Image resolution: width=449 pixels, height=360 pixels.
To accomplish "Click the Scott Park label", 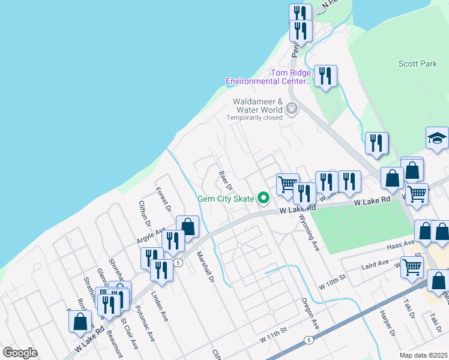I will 418,64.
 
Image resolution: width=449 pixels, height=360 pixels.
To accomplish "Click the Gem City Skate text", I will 226,199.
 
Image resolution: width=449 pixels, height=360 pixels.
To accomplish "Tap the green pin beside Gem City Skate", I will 262,197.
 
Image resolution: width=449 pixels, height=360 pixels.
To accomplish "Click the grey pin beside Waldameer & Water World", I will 292,109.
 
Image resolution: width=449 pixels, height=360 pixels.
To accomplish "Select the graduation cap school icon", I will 438,139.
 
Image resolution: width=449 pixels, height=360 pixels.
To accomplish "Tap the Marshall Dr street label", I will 205,267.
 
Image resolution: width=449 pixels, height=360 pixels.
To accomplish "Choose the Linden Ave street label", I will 160,306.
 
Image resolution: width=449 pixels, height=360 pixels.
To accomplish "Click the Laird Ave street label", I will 375,263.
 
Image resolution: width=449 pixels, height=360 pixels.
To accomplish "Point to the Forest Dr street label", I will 163,200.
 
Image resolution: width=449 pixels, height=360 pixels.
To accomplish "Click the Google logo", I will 20,353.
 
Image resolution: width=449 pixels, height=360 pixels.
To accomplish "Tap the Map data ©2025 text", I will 424,355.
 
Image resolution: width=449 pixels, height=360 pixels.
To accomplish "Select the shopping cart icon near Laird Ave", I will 412,267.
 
